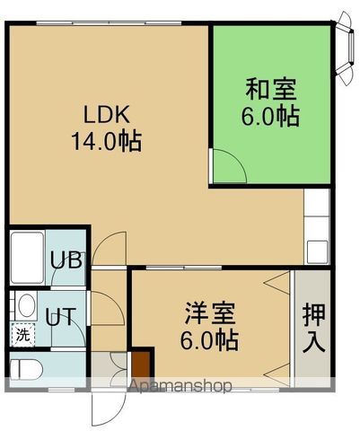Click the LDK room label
coord(109,115)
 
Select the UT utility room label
coord(61,316)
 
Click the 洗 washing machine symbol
coord(22,334)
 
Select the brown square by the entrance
coord(141,365)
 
